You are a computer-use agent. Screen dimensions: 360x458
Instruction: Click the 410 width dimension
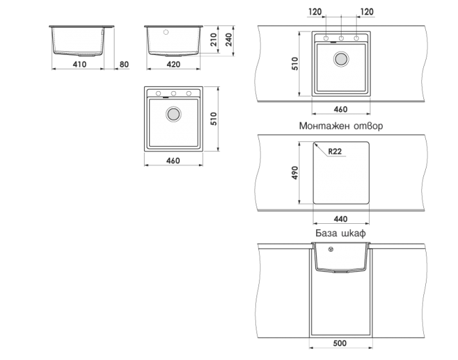coord(79,64)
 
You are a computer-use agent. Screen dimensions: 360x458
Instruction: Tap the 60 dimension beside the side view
coord(123,64)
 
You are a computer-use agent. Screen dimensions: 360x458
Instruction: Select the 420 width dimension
coord(173,64)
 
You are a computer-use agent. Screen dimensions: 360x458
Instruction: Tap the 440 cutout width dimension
coord(340,218)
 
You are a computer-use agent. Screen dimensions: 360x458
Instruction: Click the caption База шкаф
coord(340,233)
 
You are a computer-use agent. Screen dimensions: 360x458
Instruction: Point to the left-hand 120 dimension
coord(316,12)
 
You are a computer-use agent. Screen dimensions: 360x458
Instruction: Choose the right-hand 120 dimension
coord(366,12)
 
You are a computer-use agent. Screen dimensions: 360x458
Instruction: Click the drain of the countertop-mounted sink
coord(340,60)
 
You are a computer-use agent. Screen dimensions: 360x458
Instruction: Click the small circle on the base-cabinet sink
coord(330,249)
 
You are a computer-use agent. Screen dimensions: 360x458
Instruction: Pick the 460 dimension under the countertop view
coord(340,109)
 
